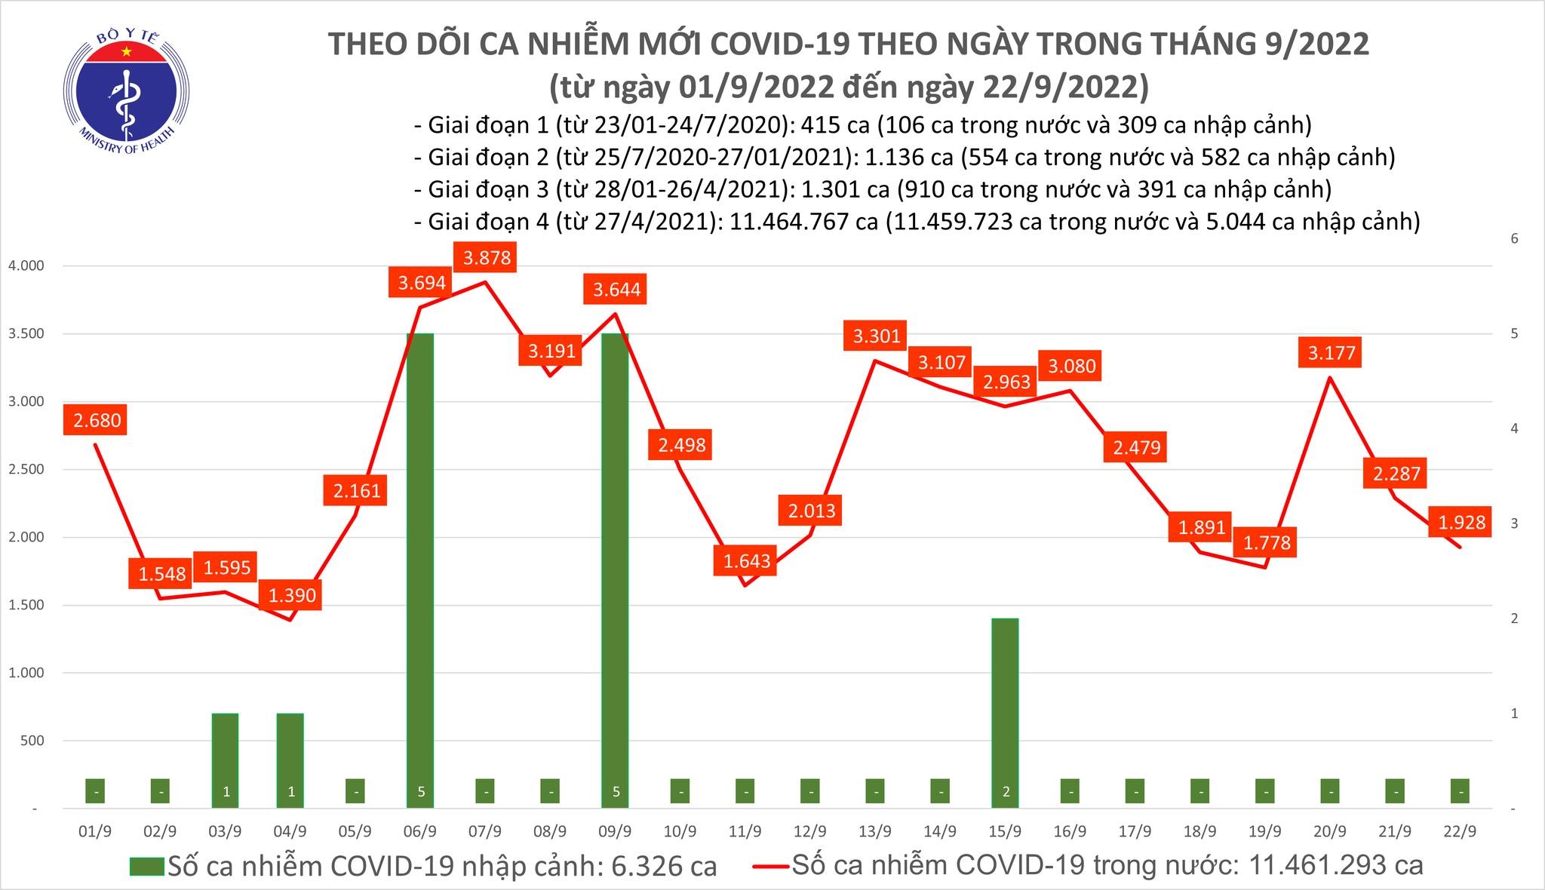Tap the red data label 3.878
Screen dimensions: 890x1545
pyautogui.click(x=487, y=258)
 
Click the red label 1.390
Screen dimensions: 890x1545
pyautogui.click(x=291, y=596)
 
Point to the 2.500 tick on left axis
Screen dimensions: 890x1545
pyautogui.click(x=26, y=469)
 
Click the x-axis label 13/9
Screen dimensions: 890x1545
pyautogui.click(x=875, y=832)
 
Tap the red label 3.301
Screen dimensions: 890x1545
pyautogui.click(x=876, y=336)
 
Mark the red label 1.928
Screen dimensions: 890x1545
pyautogui.click(x=1461, y=522)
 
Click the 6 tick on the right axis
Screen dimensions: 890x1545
pyautogui.click(x=1513, y=239)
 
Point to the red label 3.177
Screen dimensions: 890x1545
pyautogui.click(x=1331, y=352)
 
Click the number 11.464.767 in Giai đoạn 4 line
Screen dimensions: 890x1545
pyautogui.click(x=802, y=222)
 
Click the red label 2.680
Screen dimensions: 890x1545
pyautogui.click(x=97, y=420)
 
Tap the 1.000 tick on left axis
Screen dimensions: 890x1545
pyautogui.click(x=26, y=673)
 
